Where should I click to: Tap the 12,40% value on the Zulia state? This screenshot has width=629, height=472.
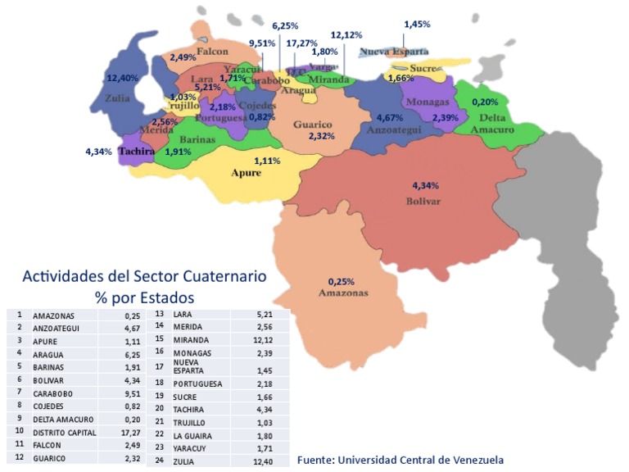[123, 78]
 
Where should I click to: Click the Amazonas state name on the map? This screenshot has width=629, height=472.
[343, 293]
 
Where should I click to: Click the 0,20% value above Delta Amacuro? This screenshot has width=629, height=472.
[486, 102]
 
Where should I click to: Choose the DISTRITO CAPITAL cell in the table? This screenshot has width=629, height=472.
[65, 432]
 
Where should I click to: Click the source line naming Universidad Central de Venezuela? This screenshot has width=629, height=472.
[400, 460]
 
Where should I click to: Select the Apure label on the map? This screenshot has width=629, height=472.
[246, 173]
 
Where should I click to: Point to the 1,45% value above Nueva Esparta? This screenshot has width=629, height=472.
[416, 25]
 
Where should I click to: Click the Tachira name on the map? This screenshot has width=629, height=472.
[138, 151]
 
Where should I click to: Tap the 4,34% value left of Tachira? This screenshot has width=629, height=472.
[98, 152]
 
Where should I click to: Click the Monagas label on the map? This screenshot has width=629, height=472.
[427, 102]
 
